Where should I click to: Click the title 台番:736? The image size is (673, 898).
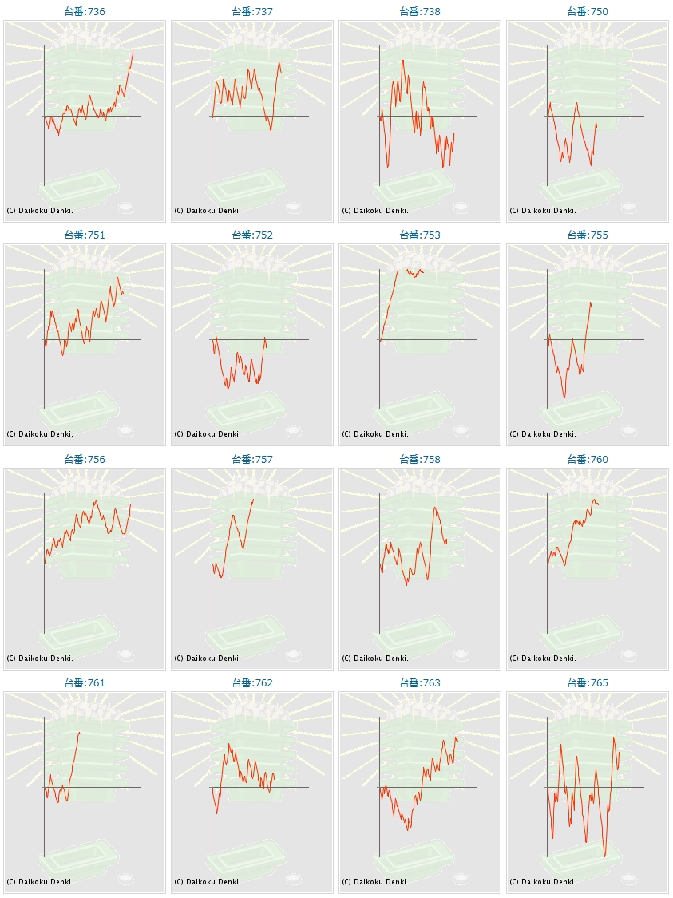pyautogui.click(x=85, y=12)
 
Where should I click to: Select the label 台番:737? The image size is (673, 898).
pyautogui.click(x=252, y=12)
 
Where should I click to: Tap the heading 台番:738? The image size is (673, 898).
pyautogui.click(x=420, y=12)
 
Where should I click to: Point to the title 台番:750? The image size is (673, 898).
pyautogui.click(x=588, y=12)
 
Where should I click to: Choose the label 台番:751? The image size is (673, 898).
pyautogui.click(x=85, y=235)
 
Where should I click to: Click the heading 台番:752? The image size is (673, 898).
pyautogui.click(x=252, y=235)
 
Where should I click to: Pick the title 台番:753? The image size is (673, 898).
pyautogui.click(x=420, y=235)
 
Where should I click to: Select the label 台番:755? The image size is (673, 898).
pyautogui.click(x=588, y=235)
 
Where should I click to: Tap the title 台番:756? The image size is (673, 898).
pyautogui.click(x=85, y=460)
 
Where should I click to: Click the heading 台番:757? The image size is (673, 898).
pyautogui.click(x=252, y=460)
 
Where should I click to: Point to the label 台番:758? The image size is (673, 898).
pyautogui.click(x=420, y=460)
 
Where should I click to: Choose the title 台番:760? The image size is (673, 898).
pyautogui.click(x=588, y=460)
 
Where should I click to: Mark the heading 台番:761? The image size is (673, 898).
pyautogui.click(x=85, y=683)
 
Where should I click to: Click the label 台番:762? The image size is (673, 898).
pyautogui.click(x=252, y=683)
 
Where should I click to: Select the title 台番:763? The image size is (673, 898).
pyautogui.click(x=420, y=683)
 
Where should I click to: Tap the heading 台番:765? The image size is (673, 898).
pyautogui.click(x=588, y=683)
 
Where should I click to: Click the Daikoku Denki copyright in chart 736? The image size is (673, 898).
pyautogui.click(x=40, y=211)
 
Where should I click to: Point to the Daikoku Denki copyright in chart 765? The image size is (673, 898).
pyautogui.click(x=543, y=882)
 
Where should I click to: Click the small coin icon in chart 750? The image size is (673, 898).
pyautogui.click(x=628, y=208)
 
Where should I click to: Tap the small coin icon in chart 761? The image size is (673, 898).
pyautogui.click(x=125, y=879)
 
